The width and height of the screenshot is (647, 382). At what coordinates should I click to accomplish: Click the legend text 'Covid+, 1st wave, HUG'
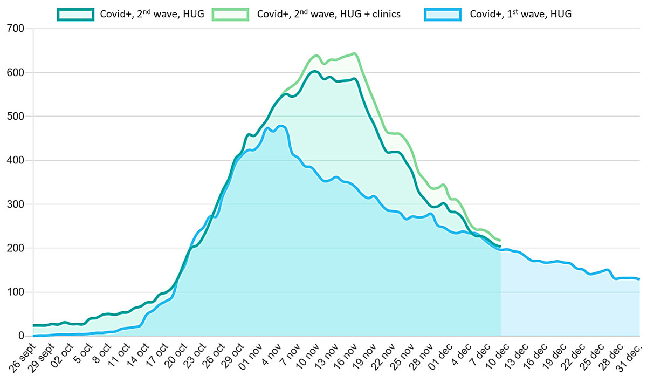pyautogui.click(x=521, y=14)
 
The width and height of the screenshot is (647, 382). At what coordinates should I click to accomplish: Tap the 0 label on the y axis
pyautogui.click(x=22, y=336)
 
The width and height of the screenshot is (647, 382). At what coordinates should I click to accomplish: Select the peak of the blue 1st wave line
pyautogui.click(x=280, y=126)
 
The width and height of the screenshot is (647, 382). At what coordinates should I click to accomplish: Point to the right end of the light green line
pyautogui.click(x=500, y=240)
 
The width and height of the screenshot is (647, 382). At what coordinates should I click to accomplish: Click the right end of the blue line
pyautogui.click(x=639, y=279)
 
